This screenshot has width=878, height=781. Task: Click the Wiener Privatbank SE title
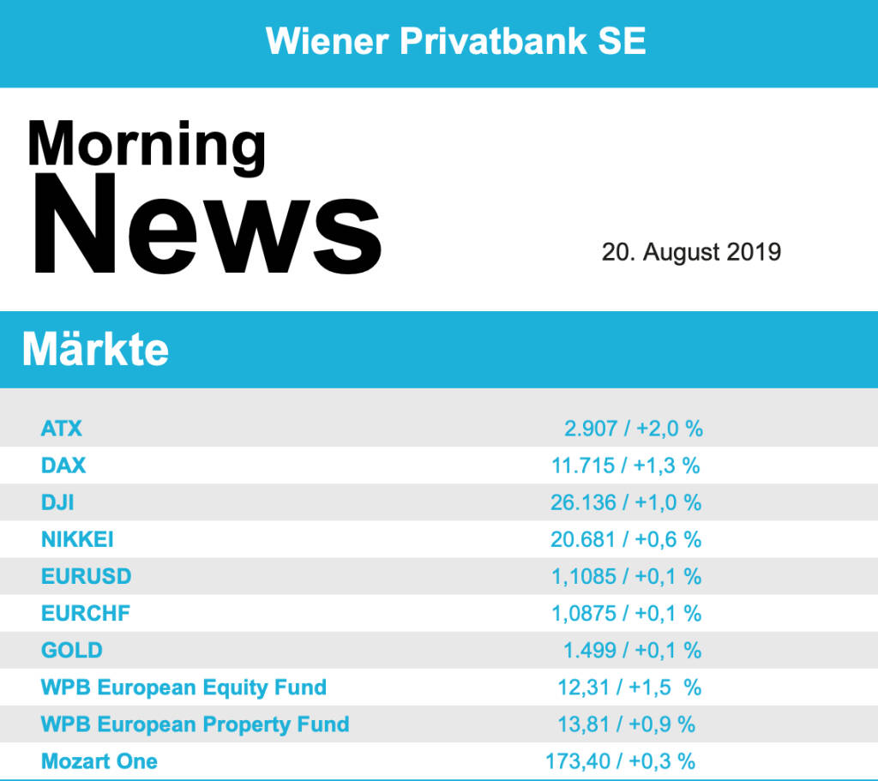[x=455, y=40]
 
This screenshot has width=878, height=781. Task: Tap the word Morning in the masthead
[x=147, y=144]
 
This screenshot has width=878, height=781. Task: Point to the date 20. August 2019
[x=691, y=252]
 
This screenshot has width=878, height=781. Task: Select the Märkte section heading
[x=95, y=349]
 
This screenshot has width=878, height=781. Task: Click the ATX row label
[x=62, y=428]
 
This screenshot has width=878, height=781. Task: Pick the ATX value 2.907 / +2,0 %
[x=633, y=428]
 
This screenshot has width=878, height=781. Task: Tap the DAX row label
[x=63, y=465]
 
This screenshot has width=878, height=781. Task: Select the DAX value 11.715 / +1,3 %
[x=625, y=466]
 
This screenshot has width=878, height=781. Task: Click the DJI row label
[x=57, y=502]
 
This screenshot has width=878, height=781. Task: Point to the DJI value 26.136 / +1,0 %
[x=625, y=502]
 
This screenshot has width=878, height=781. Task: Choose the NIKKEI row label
[x=77, y=539]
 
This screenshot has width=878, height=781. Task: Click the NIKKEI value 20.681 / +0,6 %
[x=625, y=539]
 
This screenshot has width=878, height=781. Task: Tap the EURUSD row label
[x=86, y=576]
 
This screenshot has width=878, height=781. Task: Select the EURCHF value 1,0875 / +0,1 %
[x=625, y=613]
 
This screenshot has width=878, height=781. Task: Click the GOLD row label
[x=71, y=650]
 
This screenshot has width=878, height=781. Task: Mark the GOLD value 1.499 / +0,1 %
[x=632, y=651]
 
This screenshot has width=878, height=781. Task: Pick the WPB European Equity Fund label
[x=183, y=687]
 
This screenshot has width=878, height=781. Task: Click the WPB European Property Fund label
[x=195, y=724]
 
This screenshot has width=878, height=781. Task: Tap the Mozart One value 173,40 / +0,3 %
[x=620, y=760]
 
